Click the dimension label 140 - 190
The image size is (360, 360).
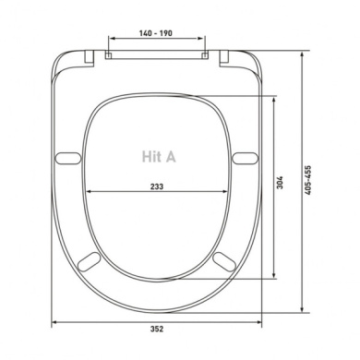[x=156, y=32]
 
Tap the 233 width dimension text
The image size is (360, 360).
[x=157, y=186]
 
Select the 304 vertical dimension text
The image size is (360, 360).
[x=280, y=182]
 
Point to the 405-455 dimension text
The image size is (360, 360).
[x=307, y=180]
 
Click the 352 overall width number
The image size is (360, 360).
[x=157, y=329]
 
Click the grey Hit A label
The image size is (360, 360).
[x=159, y=156]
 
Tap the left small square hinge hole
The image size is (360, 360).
[x=108, y=55]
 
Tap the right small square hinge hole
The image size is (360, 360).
[x=205, y=55]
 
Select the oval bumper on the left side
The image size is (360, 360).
[x=68, y=158]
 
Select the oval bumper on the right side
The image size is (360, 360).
[x=245, y=158]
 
